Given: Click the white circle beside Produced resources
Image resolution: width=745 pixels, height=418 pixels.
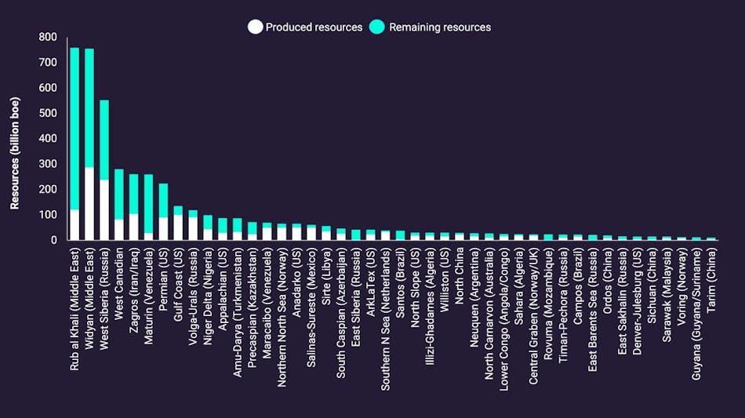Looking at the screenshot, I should pyautogui.click(x=255, y=27).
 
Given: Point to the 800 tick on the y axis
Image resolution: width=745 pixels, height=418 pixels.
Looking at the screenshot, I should pyautogui.click(x=47, y=37).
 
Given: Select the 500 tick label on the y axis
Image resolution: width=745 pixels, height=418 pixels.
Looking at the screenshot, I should pyautogui.click(x=47, y=113).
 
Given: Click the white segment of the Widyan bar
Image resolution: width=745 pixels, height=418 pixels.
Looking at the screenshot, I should pyautogui.click(x=89, y=203).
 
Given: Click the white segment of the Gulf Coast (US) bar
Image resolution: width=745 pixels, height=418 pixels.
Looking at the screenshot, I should pyautogui.click(x=178, y=227).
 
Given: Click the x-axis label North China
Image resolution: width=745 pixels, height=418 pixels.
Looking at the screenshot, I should pyautogui.click(x=460, y=278).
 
